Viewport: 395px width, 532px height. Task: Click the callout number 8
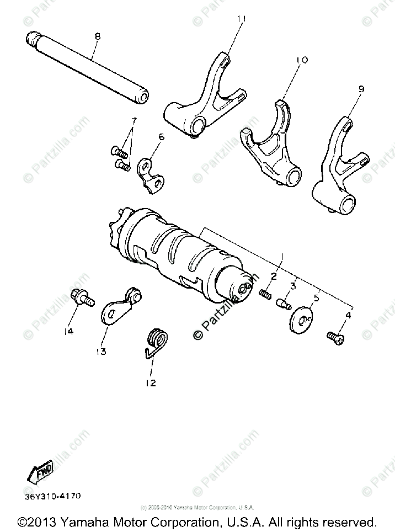[x=97, y=36]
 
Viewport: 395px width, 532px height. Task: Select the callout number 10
[x=302, y=60]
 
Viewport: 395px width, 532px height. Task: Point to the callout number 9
[x=361, y=88]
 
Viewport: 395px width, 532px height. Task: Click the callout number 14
[x=68, y=331]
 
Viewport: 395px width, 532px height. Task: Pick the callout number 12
[x=151, y=382]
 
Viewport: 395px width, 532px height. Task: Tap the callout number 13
[x=103, y=350]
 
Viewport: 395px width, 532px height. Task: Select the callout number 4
[x=348, y=315]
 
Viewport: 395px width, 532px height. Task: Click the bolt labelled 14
[x=81, y=299]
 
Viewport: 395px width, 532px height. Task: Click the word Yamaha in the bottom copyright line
[x=83, y=522]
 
